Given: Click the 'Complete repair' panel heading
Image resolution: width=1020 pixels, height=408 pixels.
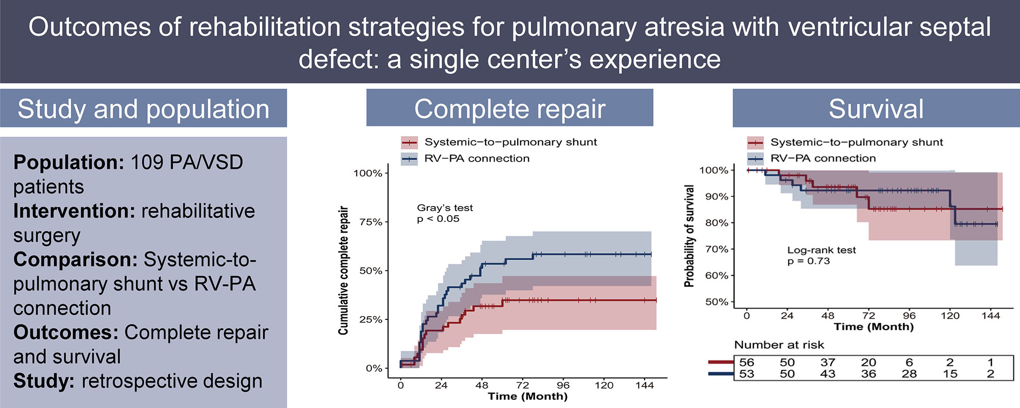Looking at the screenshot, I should pyautogui.click(x=509, y=109).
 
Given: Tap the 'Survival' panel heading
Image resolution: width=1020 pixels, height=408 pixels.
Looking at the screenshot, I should pyautogui.click(x=876, y=109).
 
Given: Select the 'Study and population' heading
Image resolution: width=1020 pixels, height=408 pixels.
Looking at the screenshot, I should pyautogui.click(x=143, y=109).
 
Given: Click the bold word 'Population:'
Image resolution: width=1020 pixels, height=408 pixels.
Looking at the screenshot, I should pyautogui.click(x=69, y=163).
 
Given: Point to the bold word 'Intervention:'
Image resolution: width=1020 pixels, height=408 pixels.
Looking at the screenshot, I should pyautogui.click(x=74, y=211).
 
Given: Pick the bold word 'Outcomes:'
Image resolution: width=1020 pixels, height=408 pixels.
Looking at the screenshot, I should pyautogui.click(x=66, y=333).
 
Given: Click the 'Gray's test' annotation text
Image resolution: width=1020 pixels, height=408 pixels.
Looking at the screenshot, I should pyautogui.click(x=445, y=208).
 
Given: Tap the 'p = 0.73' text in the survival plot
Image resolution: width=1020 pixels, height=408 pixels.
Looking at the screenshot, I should pyautogui.click(x=808, y=261).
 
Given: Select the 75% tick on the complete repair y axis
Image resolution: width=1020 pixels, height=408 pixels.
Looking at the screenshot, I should pyautogui.click(x=371, y=222).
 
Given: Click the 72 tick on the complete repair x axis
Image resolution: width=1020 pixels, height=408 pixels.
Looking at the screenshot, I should pyautogui.click(x=522, y=386).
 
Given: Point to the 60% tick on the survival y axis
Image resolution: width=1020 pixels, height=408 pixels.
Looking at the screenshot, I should pyautogui.click(x=717, y=275).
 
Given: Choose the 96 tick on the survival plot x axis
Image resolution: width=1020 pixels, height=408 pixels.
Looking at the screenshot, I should pyautogui.click(x=909, y=316).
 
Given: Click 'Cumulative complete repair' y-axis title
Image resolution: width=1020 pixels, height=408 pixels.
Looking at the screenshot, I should pyautogui.click(x=343, y=270).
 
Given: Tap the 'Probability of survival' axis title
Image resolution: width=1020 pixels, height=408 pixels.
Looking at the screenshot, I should pyautogui.click(x=689, y=236).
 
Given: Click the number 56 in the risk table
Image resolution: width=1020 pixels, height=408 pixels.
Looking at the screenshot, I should pyautogui.click(x=747, y=363).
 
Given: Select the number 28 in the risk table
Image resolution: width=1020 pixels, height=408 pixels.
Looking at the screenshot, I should pyautogui.click(x=909, y=374).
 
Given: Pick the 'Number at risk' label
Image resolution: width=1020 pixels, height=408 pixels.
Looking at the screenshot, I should pyautogui.click(x=779, y=345).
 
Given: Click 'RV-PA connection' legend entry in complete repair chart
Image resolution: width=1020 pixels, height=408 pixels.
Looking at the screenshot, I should pyautogui.click(x=476, y=159).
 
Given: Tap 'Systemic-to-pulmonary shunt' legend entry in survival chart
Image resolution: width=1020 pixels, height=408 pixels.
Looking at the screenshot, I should pyautogui.click(x=856, y=142).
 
